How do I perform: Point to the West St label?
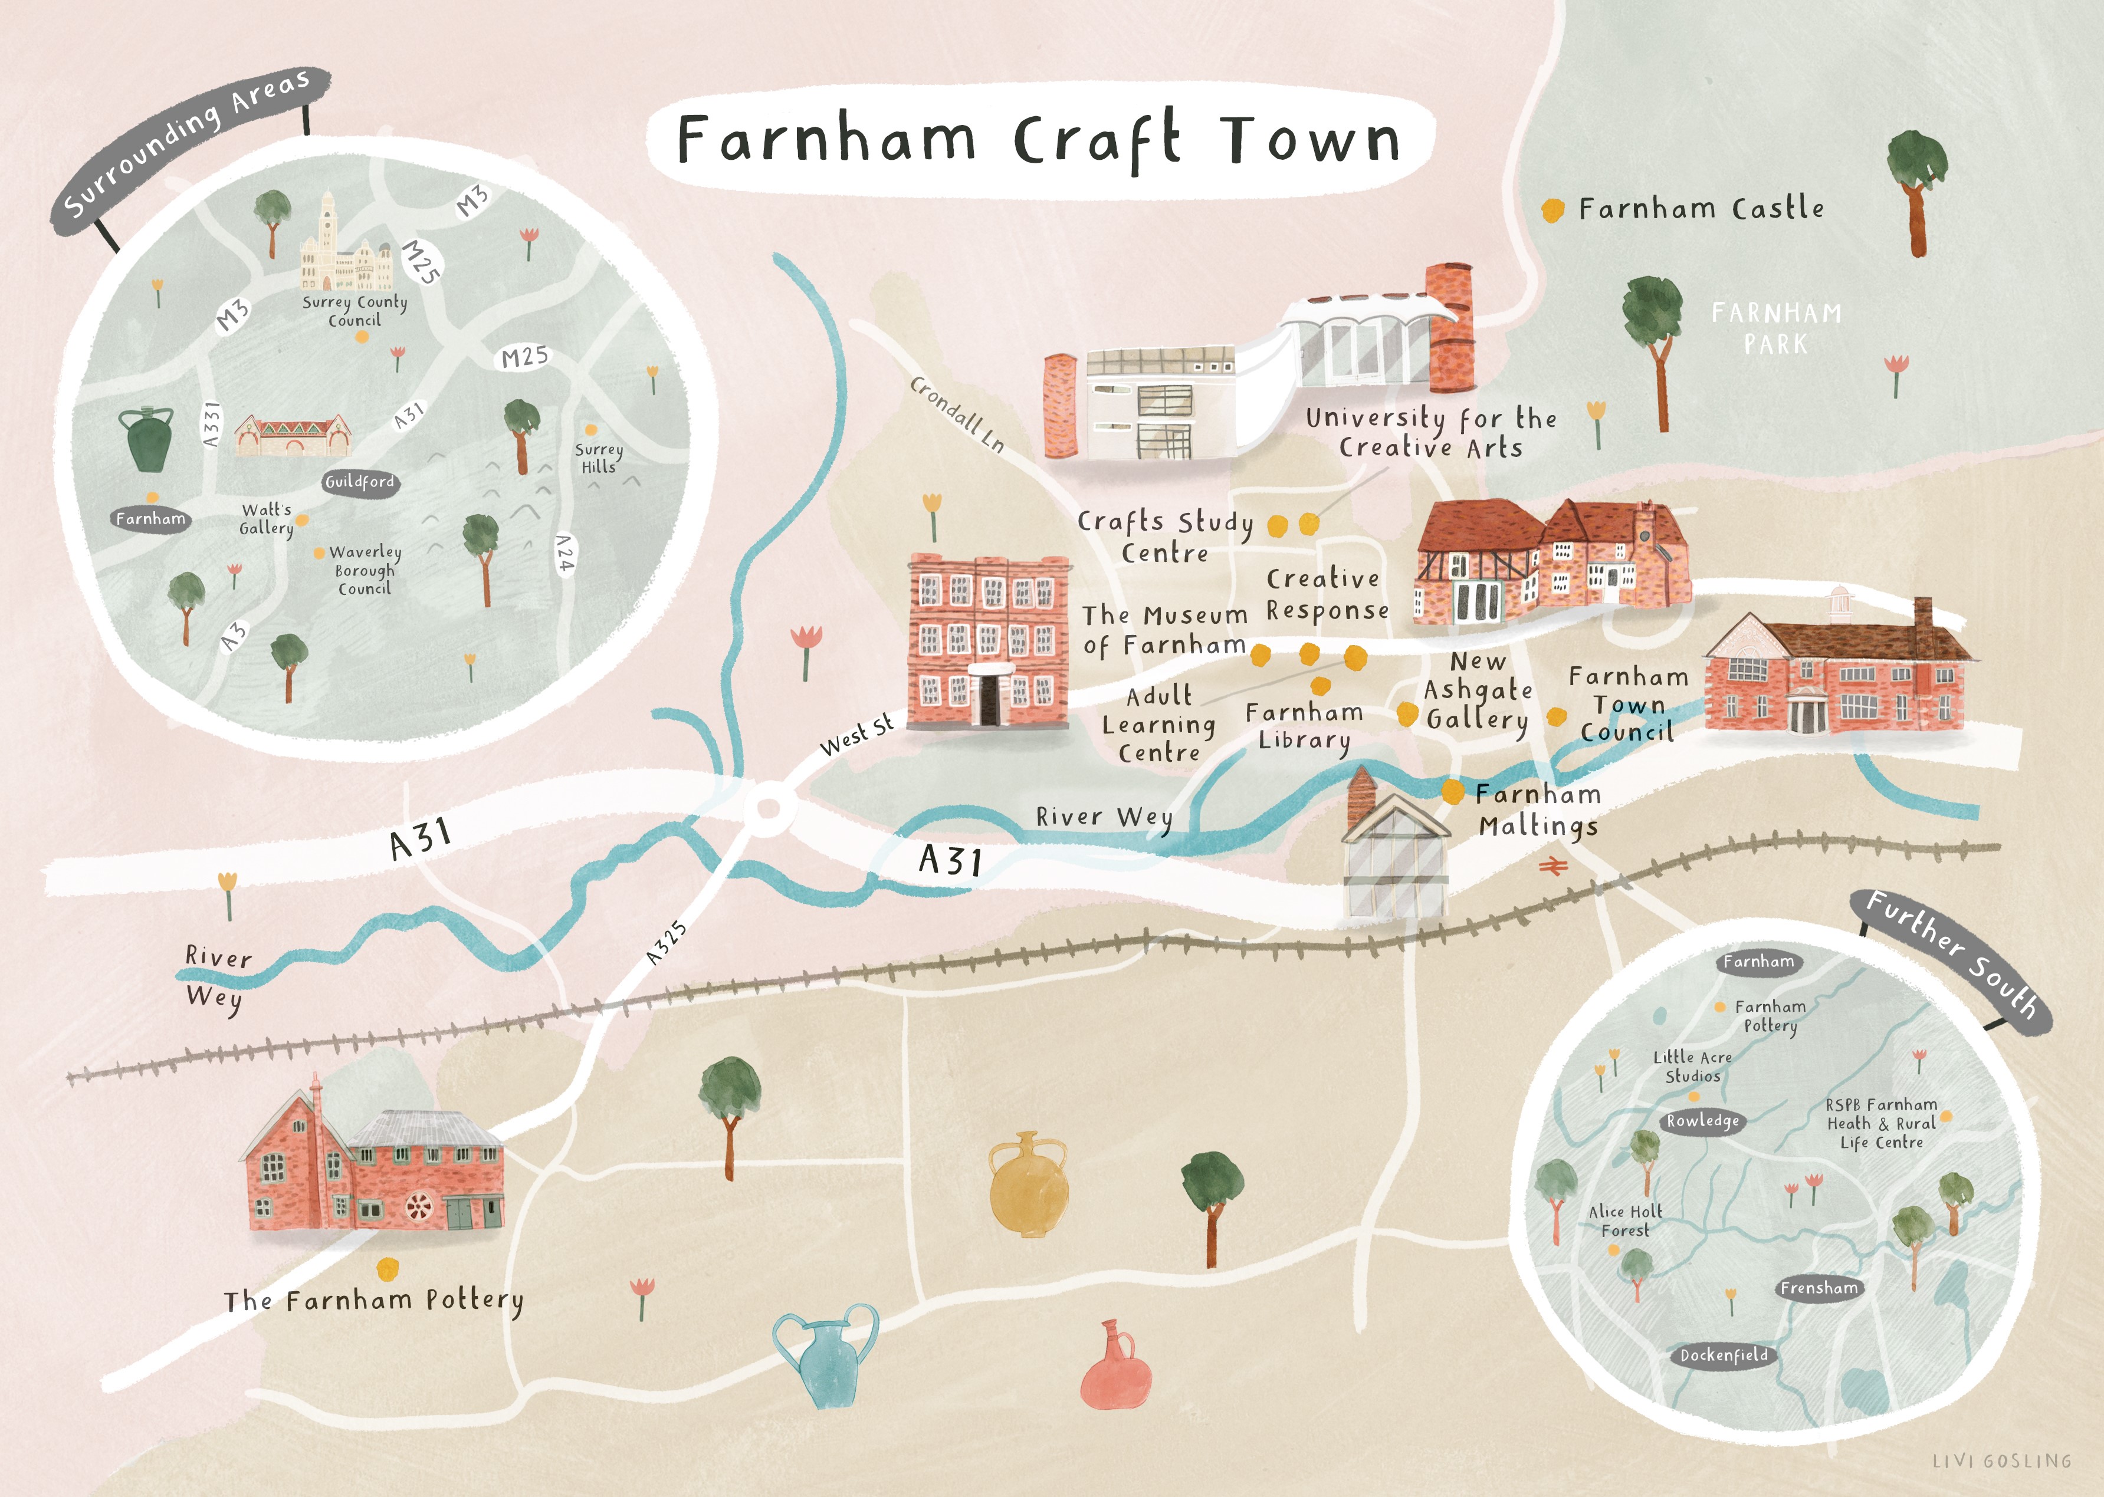click(856, 735)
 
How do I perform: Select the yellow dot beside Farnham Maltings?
click(1452, 791)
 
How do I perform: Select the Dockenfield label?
click(1723, 1355)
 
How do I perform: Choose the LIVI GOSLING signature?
click(2001, 1461)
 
